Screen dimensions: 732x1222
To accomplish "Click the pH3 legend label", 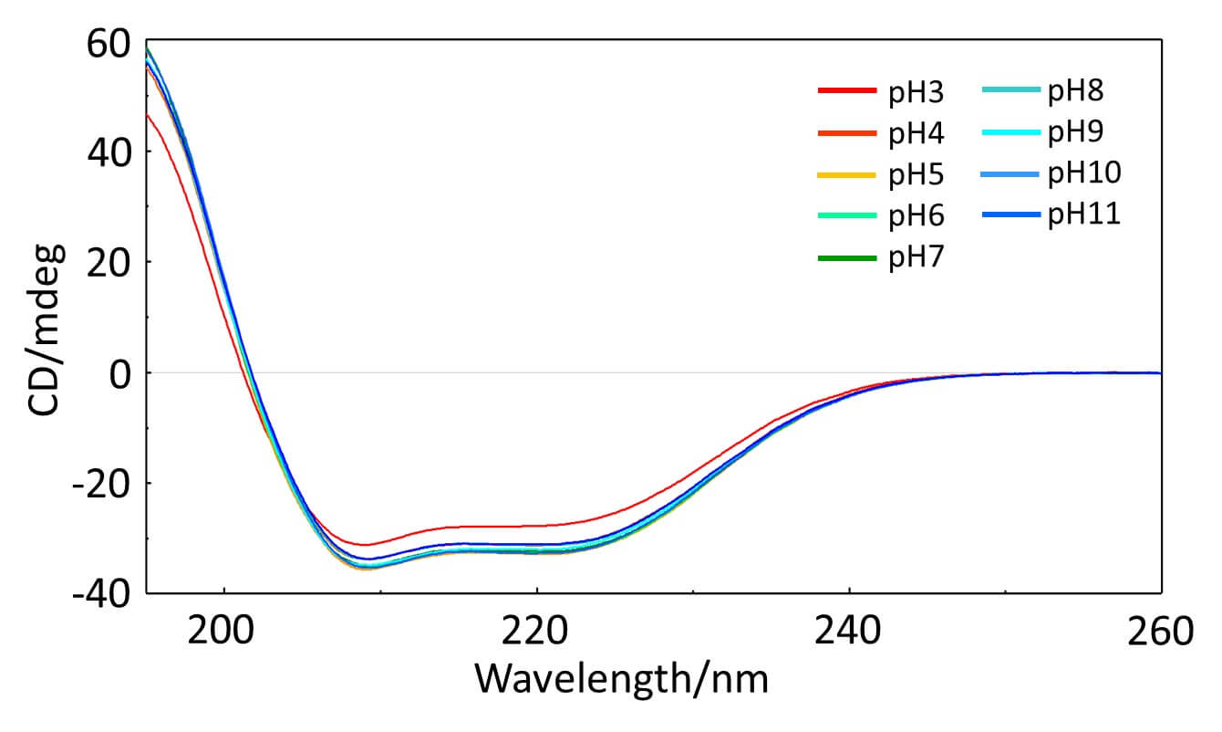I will click(x=916, y=92).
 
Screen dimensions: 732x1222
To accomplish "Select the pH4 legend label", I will click(x=916, y=134).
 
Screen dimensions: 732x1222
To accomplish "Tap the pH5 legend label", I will click(x=916, y=175).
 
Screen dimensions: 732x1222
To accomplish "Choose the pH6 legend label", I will click(x=916, y=217).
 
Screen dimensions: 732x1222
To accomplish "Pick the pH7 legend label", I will click(x=916, y=259).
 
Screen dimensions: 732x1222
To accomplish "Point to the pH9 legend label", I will click(x=1076, y=132).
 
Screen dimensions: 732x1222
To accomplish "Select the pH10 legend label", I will click(x=1084, y=173).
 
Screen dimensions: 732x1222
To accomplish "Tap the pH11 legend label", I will click(x=1084, y=215).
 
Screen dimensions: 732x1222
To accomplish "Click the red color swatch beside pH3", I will click(x=847, y=90).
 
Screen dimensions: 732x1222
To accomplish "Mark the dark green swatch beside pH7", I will click(x=847, y=258).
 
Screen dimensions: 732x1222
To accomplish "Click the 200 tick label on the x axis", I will click(x=224, y=631).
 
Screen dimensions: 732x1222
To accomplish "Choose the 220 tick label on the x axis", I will click(x=537, y=631).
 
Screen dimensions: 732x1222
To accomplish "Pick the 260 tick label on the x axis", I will click(x=1158, y=631).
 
